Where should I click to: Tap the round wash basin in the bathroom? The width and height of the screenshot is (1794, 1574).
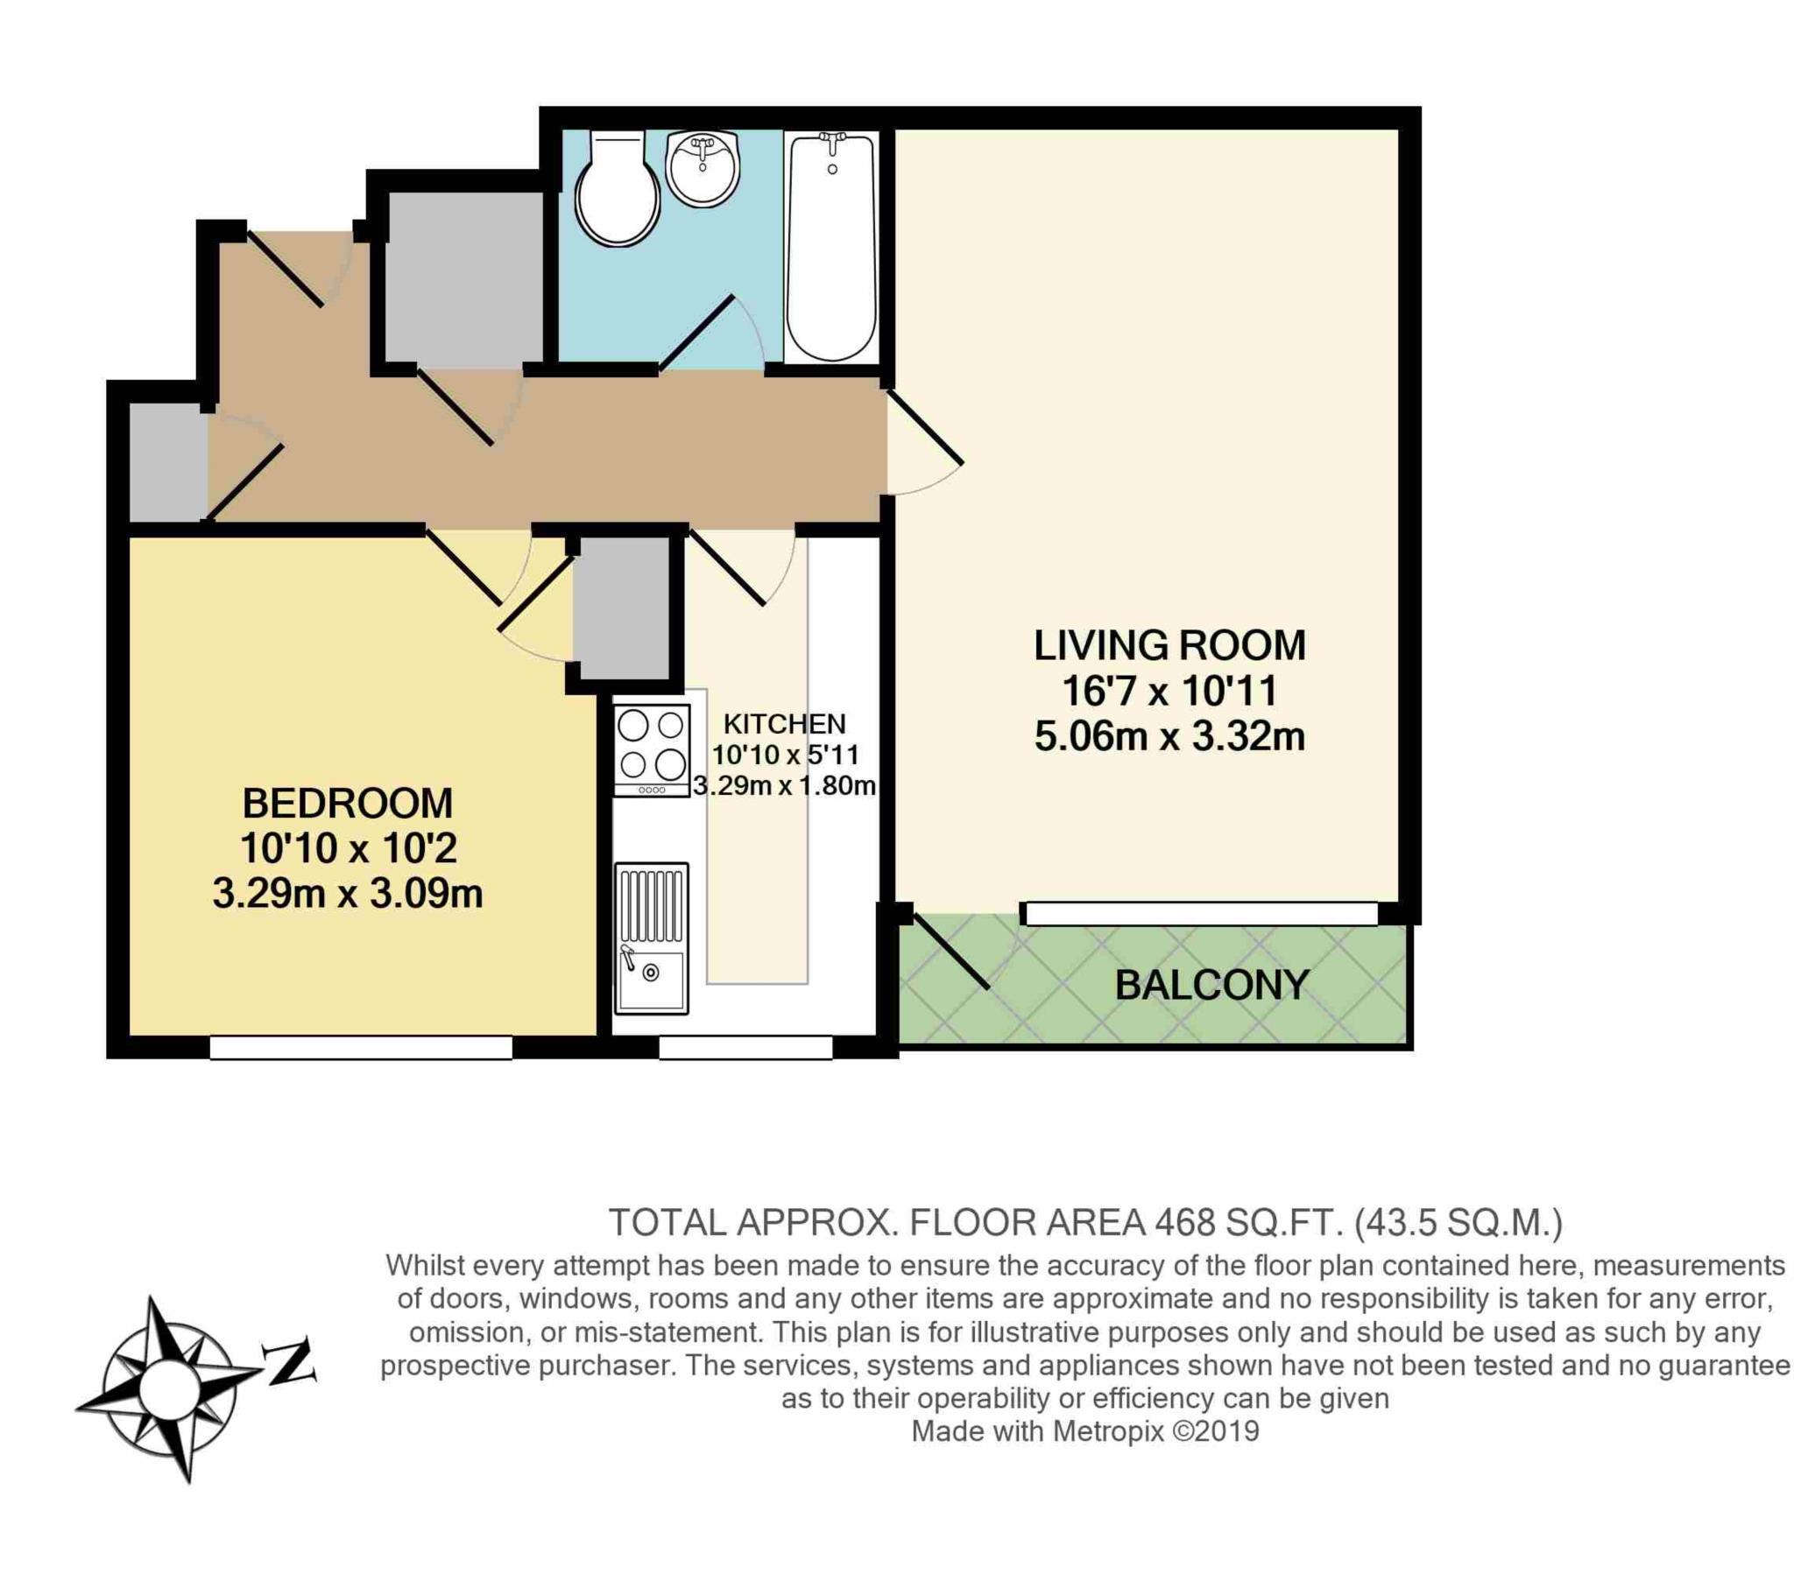click(x=703, y=170)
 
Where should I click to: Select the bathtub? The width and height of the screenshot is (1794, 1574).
click(x=830, y=248)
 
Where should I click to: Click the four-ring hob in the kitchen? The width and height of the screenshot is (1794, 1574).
click(x=651, y=751)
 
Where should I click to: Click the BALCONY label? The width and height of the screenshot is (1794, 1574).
click(x=1212, y=987)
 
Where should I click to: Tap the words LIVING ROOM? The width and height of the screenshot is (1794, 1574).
click(x=1170, y=646)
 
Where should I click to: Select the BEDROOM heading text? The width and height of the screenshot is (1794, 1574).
click(x=348, y=804)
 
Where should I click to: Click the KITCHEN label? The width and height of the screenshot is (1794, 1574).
click(x=784, y=724)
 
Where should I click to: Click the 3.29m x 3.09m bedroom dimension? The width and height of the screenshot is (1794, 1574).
click(x=348, y=895)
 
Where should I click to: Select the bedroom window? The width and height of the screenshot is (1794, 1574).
click(x=361, y=1048)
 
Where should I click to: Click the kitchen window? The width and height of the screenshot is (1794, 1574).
click(x=745, y=1048)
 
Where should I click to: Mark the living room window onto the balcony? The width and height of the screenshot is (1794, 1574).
click(x=1202, y=914)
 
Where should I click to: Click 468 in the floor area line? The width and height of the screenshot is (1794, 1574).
click(x=1185, y=1222)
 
